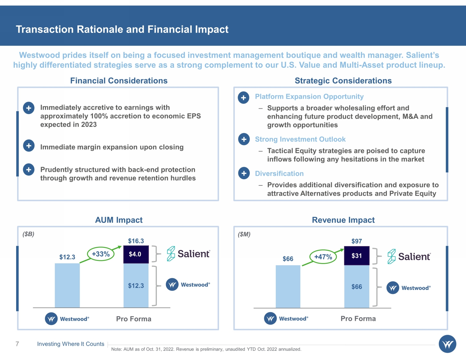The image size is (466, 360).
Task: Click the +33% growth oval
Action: click(101, 254)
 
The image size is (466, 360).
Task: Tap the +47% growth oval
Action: click(323, 257)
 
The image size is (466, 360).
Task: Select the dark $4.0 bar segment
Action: click(136, 254)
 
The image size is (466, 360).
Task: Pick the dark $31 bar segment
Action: click(357, 256)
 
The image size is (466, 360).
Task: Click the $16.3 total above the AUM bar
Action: click(136, 241)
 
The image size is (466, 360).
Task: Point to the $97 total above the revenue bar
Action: click(357, 241)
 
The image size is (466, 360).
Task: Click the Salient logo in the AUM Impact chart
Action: click(189, 254)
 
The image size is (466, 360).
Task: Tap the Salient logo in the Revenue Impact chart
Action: click(409, 257)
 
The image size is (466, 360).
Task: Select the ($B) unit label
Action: click(28, 234)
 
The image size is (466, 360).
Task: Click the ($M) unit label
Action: click(244, 234)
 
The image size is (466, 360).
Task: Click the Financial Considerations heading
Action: click(119, 81)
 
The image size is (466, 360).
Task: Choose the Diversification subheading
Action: click(279, 173)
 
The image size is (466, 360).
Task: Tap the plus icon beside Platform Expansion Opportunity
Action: click(243, 98)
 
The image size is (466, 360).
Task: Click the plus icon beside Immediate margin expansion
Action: click(29, 146)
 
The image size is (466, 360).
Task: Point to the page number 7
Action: click(17, 344)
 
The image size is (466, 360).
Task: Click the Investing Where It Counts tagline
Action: click(71, 344)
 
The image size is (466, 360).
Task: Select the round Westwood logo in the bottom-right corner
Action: click(447, 344)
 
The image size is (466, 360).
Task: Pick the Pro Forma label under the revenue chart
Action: click(358, 319)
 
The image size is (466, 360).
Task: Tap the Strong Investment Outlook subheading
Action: click(300, 139)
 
